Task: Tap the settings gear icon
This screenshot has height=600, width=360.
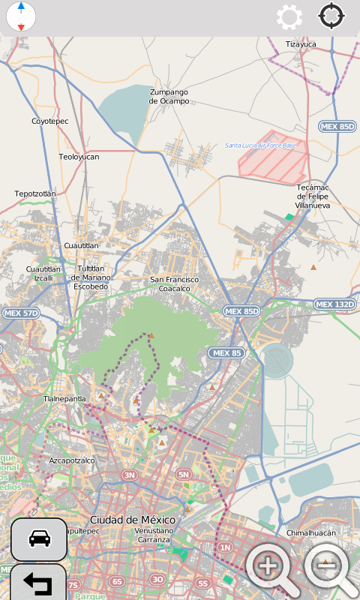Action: (x=289, y=16)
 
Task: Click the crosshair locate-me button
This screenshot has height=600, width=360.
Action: (x=331, y=16)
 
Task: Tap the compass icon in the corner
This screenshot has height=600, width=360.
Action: (x=21, y=16)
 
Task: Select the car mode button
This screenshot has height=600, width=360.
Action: (x=38, y=538)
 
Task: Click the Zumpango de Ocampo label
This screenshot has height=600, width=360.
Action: (x=169, y=96)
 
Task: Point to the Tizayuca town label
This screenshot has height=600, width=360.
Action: (x=301, y=44)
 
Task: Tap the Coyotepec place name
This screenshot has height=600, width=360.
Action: (x=49, y=121)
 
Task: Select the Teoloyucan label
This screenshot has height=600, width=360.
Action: (x=79, y=157)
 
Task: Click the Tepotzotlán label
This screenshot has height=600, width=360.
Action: (x=35, y=193)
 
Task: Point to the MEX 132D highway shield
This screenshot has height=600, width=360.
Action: (x=334, y=304)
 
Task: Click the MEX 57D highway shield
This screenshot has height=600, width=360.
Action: (x=20, y=312)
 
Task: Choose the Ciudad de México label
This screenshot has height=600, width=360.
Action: (x=132, y=520)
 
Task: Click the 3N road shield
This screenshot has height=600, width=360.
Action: (x=130, y=475)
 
